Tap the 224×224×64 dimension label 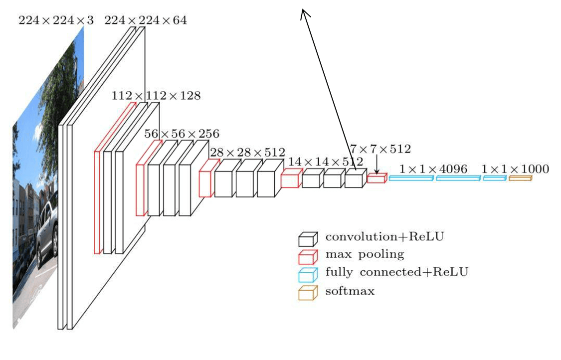tap(146, 20)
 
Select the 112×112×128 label tap(156, 95)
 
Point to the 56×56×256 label tap(182, 134)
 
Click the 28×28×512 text tap(247, 152)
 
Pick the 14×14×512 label tap(324, 162)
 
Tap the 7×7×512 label tap(380, 149)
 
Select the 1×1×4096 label tap(434, 170)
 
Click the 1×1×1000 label tap(516, 170)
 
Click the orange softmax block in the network tap(520, 178)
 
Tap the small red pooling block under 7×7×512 tap(376, 179)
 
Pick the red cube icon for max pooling tap(308, 256)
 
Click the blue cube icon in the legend tap(308, 274)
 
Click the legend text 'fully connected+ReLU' tap(397, 272)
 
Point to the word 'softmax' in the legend tap(350, 291)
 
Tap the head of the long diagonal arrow tap(302, 13)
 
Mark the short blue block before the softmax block tap(494, 178)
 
